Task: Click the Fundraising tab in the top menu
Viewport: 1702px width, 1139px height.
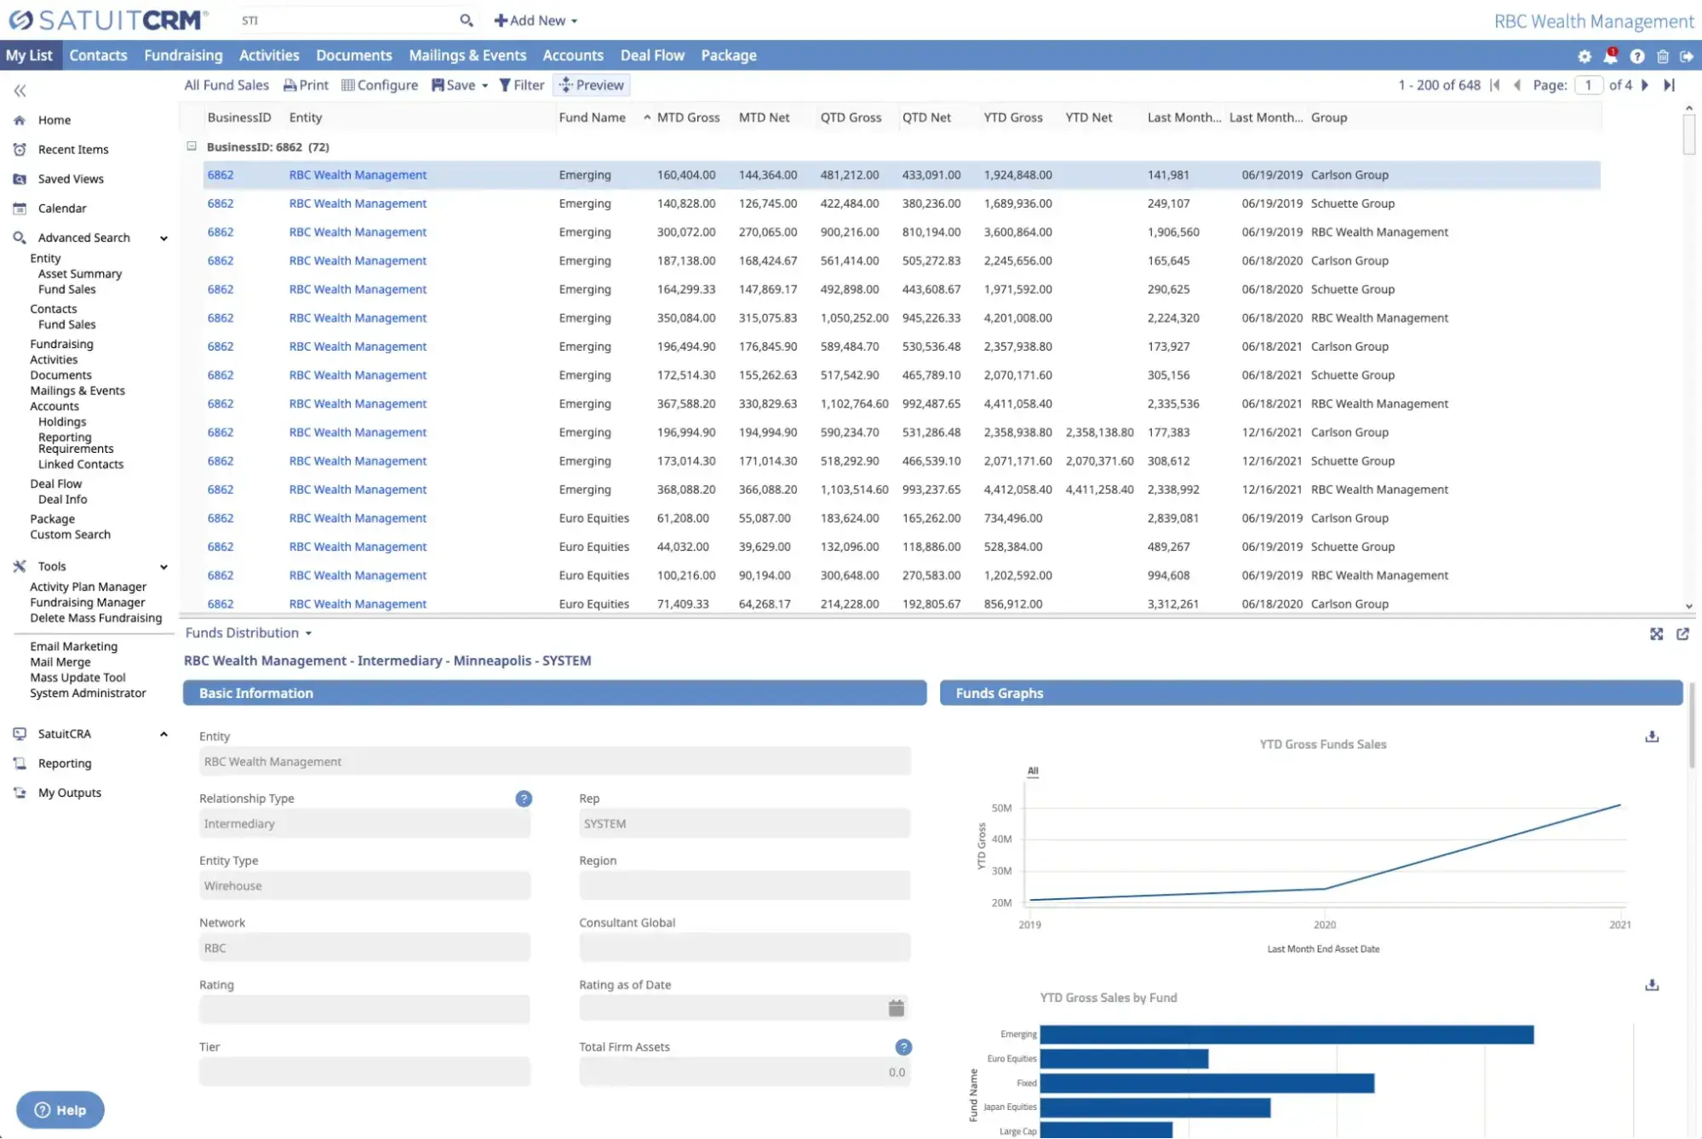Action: [x=183, y=55]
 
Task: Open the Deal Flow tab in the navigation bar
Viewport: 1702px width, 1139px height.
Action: [x=652, y=55]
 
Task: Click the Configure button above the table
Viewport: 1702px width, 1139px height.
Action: [x=380, y=85]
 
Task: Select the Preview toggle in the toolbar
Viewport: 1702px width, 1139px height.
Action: [x=592, y=85]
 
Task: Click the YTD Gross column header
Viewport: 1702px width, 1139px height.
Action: [x=1012, y=117]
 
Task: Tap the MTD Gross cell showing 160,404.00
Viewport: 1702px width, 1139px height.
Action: [x=685, y=175]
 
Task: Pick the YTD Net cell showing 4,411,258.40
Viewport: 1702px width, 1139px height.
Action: [x=1099, y=489]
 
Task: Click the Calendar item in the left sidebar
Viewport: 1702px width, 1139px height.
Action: [x=62, y=209]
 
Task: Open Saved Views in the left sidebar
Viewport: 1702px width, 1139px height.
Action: [x=71, y=179]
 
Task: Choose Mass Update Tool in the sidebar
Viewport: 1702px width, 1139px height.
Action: [x=77, y=678]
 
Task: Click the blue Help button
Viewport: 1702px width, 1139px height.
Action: [x=60, y=1110]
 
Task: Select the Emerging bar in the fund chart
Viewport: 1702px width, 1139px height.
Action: [x=1286, y=1034]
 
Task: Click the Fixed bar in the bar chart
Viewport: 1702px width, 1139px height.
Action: [x=1206, y=1083]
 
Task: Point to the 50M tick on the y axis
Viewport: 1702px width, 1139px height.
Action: [x=1001, y=808]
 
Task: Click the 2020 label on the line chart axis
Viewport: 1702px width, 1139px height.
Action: [x=1324, y=924]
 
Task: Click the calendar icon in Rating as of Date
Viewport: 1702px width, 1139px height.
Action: [x=896, y=1008]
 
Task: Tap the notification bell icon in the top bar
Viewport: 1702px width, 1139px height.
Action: [x=1609, y=56]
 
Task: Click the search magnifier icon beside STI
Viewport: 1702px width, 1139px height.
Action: [x=466, y=20]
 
